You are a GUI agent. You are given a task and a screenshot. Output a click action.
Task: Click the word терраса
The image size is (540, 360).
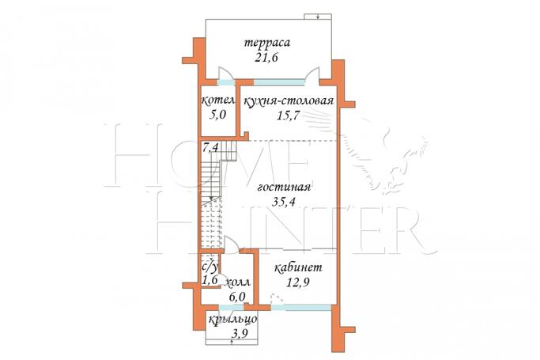click(x=267, y=43)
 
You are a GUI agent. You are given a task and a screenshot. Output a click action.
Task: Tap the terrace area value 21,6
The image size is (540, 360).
click(x=266, y=57)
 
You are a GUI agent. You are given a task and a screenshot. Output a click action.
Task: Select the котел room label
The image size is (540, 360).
click(x=218, y=101)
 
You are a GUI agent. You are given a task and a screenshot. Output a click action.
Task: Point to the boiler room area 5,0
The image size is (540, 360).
click(x=217, y=115)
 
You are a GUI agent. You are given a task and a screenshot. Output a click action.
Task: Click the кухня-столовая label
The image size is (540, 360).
click(x=289, y=101)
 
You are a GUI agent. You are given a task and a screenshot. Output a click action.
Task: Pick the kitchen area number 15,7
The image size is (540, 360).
click(x=288, y=116)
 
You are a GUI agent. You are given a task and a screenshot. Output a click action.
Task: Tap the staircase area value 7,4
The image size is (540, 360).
click(x=210, y=148)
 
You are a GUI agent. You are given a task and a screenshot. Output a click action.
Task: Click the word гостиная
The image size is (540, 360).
click(x=284, y=187)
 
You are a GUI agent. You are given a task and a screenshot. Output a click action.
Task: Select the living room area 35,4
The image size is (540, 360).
click(x=283, y=202)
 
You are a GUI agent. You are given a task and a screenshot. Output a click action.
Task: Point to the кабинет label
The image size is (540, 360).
click(x=298, y=267)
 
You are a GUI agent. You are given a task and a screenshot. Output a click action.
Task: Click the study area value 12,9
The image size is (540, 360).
click(x=298, y=282)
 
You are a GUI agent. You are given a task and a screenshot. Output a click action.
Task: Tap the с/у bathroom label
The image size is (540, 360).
click(x=210, y=267)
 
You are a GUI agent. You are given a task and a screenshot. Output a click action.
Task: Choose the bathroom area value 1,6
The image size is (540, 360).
click(x=210, y=280)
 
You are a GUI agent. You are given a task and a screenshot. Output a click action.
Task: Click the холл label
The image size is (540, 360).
click(x=237, y=282)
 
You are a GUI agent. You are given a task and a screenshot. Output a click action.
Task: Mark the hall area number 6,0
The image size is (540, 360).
click(x=237, y=296)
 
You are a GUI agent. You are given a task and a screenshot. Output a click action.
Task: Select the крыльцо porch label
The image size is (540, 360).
click(x=233, y=320)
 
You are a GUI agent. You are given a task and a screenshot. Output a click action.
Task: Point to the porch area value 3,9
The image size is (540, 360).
click(x=240, y=333)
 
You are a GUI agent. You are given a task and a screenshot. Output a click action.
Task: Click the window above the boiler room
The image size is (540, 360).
click(x=226, y=82)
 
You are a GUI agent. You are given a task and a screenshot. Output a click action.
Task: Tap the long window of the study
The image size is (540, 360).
click(x=301, y=307)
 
